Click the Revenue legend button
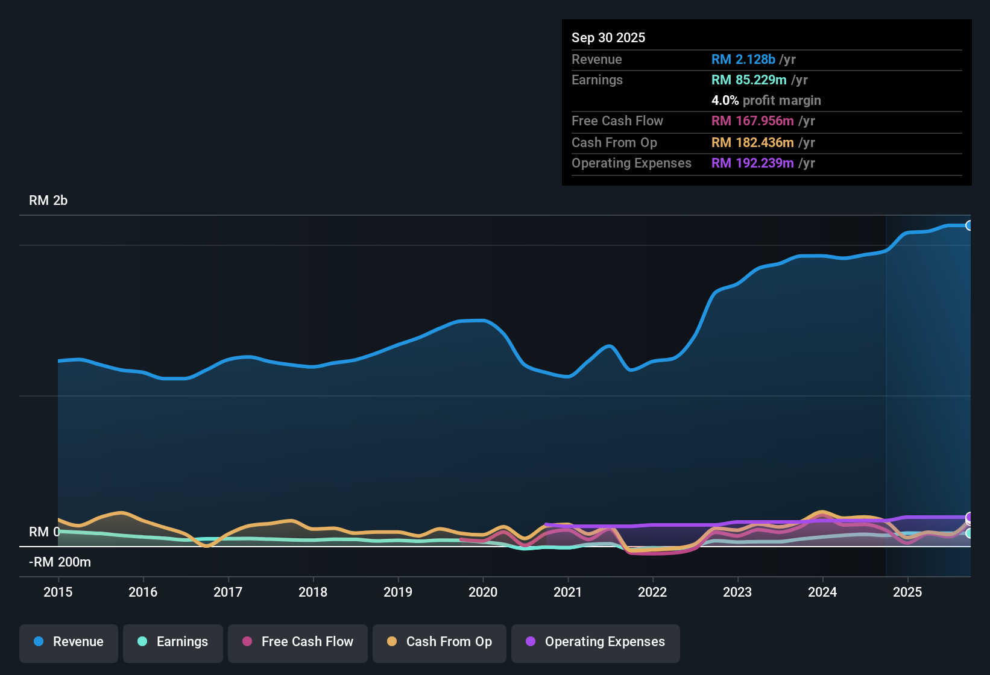pos(69,642)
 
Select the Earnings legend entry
pos(173,642)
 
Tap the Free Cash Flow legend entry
pos(298,642)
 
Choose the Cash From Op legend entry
pos(440,642)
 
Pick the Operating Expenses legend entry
pos(596,642)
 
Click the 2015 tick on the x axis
pos(58,592)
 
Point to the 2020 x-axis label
pos(483,592)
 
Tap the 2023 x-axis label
pos(737,592)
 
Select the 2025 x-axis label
pos(907,592)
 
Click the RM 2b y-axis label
pos(48,201)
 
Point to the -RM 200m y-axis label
pos(60,562)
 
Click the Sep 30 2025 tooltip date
pos(608,38)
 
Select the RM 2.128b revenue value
pos(743,60)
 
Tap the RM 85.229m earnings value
pos(748,80)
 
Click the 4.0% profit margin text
pos(766,101)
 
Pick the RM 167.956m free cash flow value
pos(752,121)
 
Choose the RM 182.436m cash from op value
pos(752,143)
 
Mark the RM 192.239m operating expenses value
pos(752,163)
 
